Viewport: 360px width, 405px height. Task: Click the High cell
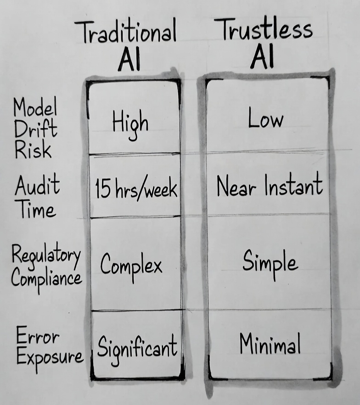tap(130, 123)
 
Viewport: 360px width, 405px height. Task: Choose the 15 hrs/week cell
tap(136, 189)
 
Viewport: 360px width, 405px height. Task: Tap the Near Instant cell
tap(270, 186)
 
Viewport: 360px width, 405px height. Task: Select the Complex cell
tap(131, 265)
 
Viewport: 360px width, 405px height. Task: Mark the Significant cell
tap(137, 346)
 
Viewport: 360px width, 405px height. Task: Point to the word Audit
tap(37, 186)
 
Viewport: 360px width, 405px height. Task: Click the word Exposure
tap(50, 357)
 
